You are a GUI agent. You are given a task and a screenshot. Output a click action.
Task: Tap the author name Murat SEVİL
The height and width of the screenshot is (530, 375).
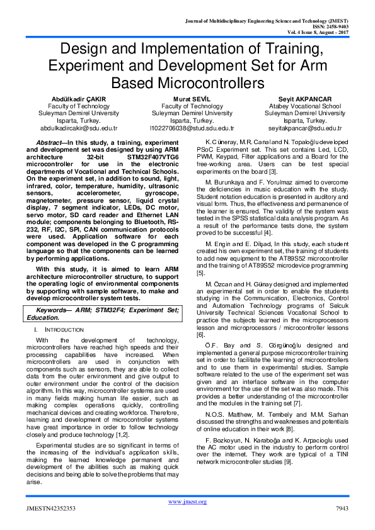[x=187, y=99]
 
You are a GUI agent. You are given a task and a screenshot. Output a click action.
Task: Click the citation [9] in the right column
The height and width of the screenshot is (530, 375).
[x=287, y=462]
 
